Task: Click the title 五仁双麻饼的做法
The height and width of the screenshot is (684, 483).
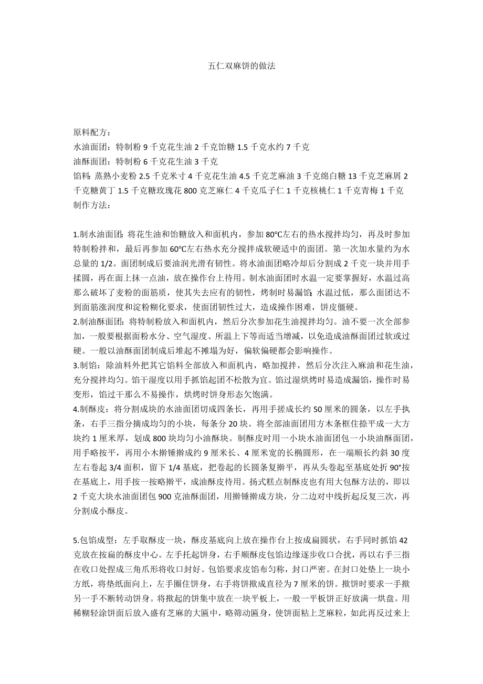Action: (241, 67)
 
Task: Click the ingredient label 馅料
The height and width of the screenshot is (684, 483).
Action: (81, 177)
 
